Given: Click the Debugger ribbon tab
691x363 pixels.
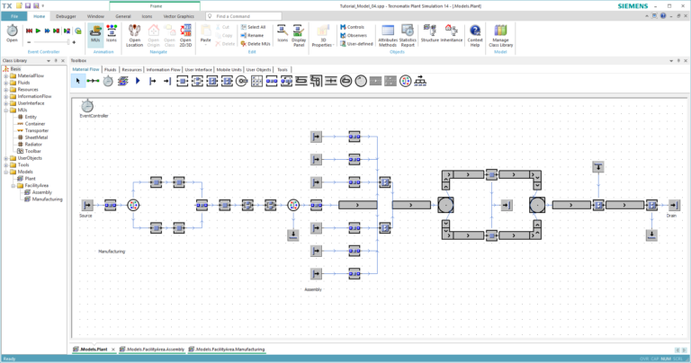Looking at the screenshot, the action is [66, 16].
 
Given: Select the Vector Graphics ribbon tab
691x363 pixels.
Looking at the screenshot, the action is [178, 16].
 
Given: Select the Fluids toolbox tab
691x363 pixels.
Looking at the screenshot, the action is [110, 69].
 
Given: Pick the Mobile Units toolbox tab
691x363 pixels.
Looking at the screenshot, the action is [229, 69].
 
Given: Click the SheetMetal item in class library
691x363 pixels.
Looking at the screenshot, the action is [37, 137].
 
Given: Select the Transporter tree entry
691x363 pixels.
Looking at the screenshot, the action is [37, 130].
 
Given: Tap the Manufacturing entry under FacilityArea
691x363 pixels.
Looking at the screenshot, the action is [47, 199].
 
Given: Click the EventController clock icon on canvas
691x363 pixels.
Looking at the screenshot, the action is [87, 107].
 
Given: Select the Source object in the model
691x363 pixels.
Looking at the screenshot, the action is [86, 205].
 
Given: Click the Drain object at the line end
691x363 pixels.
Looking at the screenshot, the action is [671, 205].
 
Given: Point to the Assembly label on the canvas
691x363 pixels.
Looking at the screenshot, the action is [313, 289].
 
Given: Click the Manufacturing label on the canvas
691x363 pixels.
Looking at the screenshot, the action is [112, 252].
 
